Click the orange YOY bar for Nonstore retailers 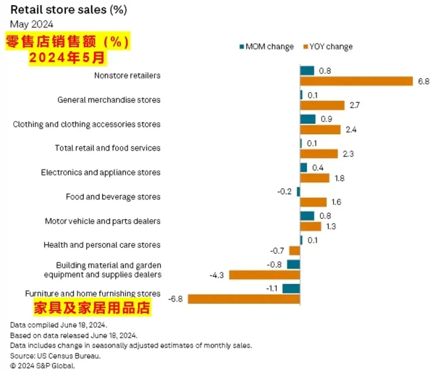(x=356, y=81)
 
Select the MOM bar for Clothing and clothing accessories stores (x=308, y=119)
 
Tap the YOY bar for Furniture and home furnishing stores (x=244, y=299)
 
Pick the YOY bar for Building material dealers (x=264, y=274)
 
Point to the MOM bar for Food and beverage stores (x=298, y=192)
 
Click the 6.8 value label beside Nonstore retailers (x=423, y=81)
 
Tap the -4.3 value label (x=217, y=274)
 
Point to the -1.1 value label (x=272, y=288)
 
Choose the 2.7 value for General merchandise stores (x=354, y=105)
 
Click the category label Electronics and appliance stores (x=100, y=172)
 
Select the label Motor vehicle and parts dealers (x=103, y=221)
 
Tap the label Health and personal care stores (x=102, y=245)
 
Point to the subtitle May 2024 (x=31, y=24)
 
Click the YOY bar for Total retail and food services (x=319, y=153)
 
